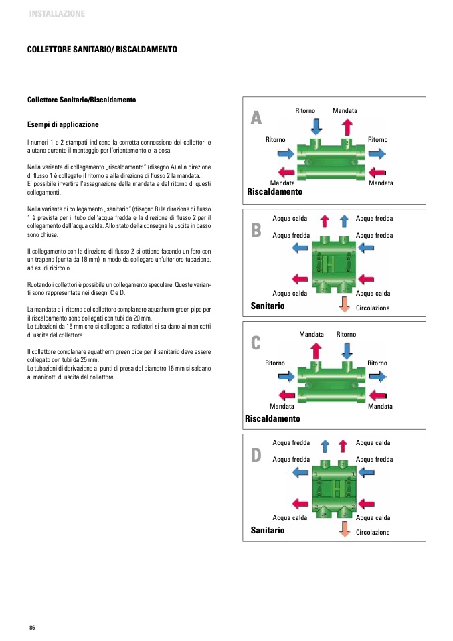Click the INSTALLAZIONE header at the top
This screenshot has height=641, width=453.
point(57,13)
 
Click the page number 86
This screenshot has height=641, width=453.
point(31,627)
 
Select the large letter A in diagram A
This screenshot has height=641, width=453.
point(256,118)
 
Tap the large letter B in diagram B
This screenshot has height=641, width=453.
point(256,231)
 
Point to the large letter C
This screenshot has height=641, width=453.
point(256,343)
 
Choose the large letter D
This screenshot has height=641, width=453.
point(256,456)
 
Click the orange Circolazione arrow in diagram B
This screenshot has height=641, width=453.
point(345,304)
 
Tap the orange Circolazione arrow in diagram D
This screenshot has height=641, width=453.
point(345,529)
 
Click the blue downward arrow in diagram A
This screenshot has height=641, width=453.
point(316,126)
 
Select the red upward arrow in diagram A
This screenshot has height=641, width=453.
point(347,126)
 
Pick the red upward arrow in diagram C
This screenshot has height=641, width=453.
point(316,349)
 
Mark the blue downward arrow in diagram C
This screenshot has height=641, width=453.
point(347,349)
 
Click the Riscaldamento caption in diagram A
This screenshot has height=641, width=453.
point(274,192)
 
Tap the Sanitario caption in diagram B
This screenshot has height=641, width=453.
point(268,306)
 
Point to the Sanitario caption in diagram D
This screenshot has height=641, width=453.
point(268,530)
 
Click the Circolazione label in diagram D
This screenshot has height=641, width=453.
point(373,533)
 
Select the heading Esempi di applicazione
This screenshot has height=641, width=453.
point(63,124)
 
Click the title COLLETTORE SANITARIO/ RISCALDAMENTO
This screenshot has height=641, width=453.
point(102,50)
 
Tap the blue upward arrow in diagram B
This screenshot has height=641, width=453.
point(344,221)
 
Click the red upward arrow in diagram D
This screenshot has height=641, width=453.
point(344,445)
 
